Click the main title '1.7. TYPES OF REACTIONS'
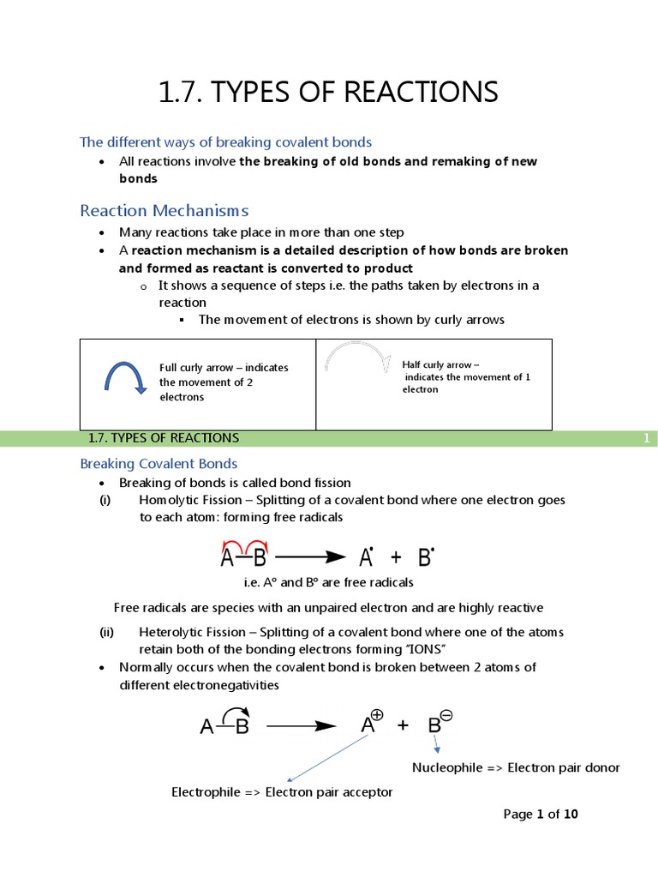coord(328,92)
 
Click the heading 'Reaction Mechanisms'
coord(164,210)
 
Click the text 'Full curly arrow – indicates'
coord(224,368)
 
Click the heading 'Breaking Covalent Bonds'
coord(159,464)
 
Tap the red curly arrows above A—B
coord(245,544)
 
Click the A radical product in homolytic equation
coord(366,558)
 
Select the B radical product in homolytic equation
coord(425,558)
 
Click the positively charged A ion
coord(371,725)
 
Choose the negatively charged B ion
coord(439,725)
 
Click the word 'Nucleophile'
coord(447,767)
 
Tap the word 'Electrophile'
coord(206,792)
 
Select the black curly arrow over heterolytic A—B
coord(236,714)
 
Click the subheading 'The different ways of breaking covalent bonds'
coord(225,141)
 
